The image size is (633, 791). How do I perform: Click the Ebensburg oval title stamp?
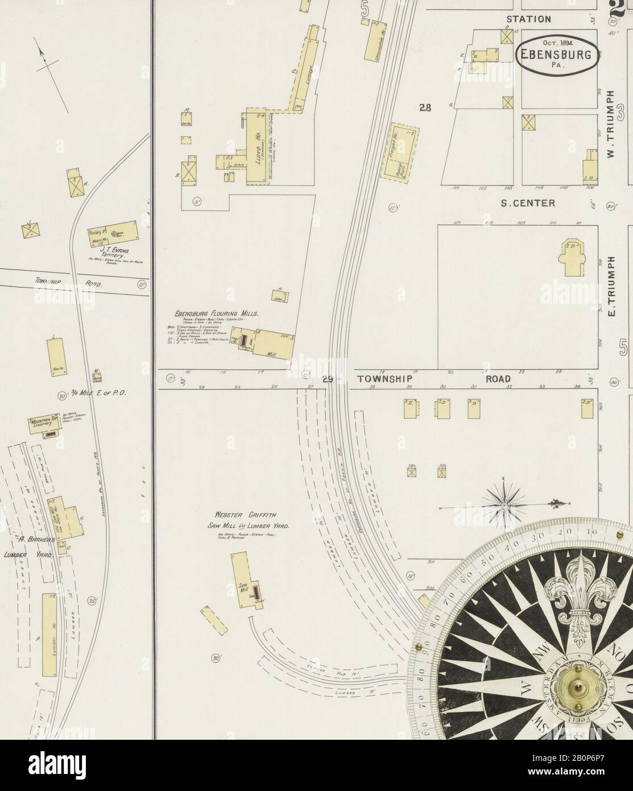[x=556, y=55]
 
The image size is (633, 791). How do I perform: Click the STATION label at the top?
[x=528, y=19]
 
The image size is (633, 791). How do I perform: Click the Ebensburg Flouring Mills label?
[x=217, y=314]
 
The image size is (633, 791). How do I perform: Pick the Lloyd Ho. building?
[x=256, y=146]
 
